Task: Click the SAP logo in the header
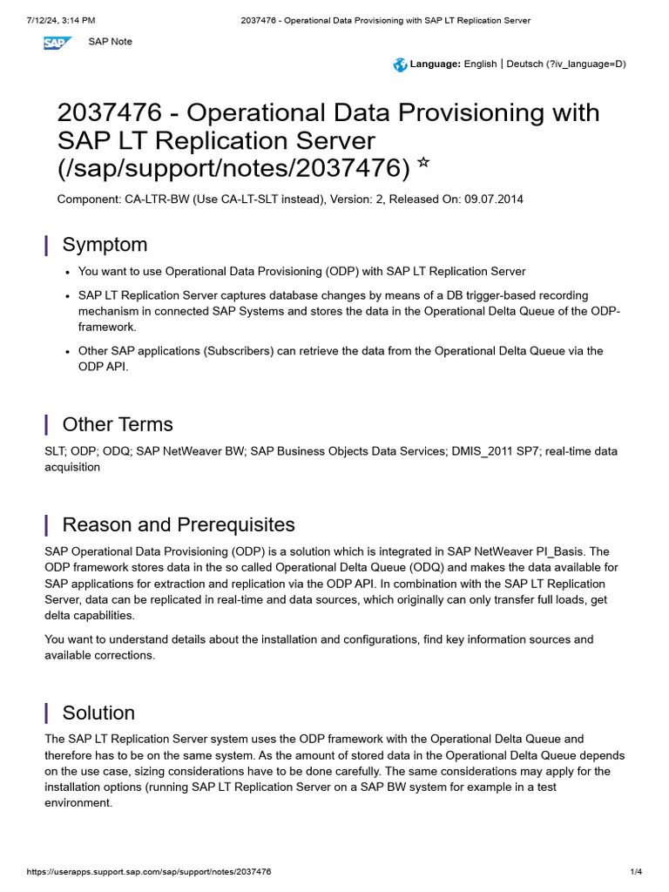pyautogui.click(x=57, y=42)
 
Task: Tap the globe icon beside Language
pyautogui.click(x=400, y=64)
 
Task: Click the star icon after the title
pyautogui.click(x=423, y=162)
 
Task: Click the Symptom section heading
pyautogui.click(x=105, y=245)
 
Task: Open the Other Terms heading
pyautogui.click(x=118, y=424)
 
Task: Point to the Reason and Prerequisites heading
pyautogui.click(x=179, y=524)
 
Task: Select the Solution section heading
pyautogui.click(x=98, y=713)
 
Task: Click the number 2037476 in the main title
pyautogui.click(x=109, y=113)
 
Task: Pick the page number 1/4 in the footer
pyautogui.click(x=636, y=872)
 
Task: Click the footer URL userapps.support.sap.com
pyautogui.click(x=149, y=872)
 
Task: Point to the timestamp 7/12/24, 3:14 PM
pyautogui.click(x=61, y=20)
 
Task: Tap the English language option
pyautogui.click(x=480, y=64)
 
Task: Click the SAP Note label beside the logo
pyautogui.click(x=111, y=42)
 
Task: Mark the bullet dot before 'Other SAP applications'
pyautogui.click(x=67, y=351)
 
